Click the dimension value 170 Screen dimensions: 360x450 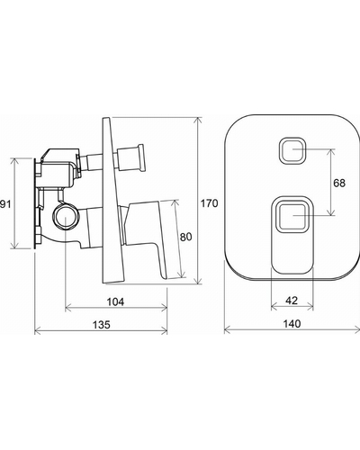coord(209,203)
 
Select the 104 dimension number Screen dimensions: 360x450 coord(115,301)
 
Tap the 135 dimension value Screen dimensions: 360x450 coord(101,325)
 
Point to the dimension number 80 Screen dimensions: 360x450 coord(185,237)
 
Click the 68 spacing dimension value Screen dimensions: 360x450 coord(339,183)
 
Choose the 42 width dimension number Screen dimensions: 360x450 coord(292,301)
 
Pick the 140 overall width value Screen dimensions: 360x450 coord(292,324)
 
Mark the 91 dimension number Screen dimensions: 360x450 coord(5,204)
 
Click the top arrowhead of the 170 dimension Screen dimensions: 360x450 coord(197,121)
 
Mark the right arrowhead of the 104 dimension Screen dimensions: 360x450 coord(164,307)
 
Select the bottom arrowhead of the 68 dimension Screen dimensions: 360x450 coord(331,212)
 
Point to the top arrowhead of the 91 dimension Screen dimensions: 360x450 coord(14,161)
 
